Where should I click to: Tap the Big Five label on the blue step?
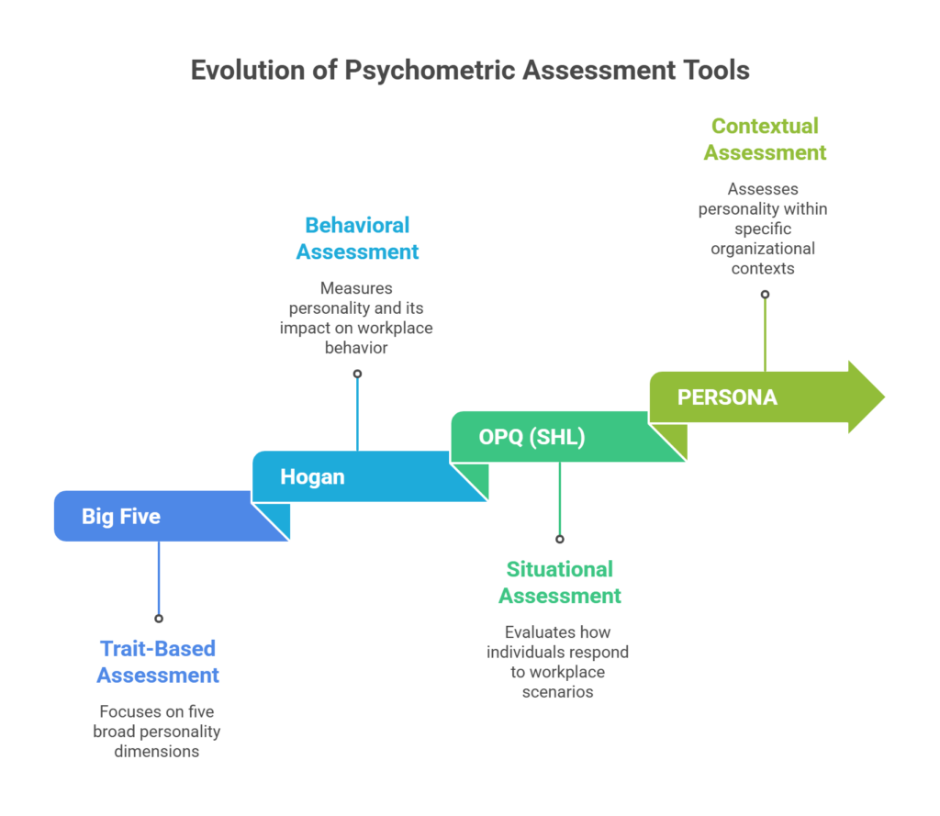121,517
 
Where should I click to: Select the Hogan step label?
312,477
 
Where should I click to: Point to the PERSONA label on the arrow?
727,397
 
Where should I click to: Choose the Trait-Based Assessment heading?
158,662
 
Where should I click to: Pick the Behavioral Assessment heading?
357,239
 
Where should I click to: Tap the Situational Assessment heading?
559,583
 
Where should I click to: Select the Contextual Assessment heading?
765,140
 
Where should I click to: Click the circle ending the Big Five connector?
159,618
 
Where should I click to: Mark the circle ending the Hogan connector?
357,374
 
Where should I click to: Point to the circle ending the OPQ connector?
559,539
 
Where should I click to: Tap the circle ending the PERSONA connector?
765,294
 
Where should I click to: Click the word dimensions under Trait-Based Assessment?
157,750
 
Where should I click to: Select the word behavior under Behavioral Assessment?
356,347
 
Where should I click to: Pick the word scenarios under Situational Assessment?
558,692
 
